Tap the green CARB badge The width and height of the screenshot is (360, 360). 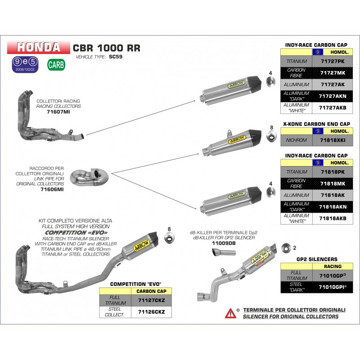56,64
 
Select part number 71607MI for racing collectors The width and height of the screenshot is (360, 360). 58,112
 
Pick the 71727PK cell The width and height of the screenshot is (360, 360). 332,61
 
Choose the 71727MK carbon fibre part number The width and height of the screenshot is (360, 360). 332,72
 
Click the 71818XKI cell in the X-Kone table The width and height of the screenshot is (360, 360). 332,140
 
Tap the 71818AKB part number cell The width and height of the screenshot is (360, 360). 332,219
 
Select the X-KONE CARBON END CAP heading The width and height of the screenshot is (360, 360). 316,123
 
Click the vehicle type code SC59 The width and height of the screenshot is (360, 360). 116,57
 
